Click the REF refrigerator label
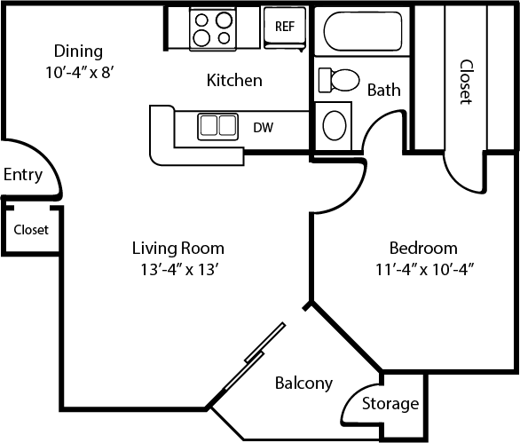284,26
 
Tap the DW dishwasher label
263,127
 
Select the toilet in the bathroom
337,80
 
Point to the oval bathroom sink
335,126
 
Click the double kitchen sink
217,125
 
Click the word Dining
79,51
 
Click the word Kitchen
234,81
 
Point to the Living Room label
177,248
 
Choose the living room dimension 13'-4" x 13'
177,271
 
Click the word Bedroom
423,248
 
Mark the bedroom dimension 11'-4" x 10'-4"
423,271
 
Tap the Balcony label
303,384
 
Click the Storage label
390,404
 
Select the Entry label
23,174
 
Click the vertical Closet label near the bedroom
465,82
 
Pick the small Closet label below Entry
30,230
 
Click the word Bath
383,90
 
